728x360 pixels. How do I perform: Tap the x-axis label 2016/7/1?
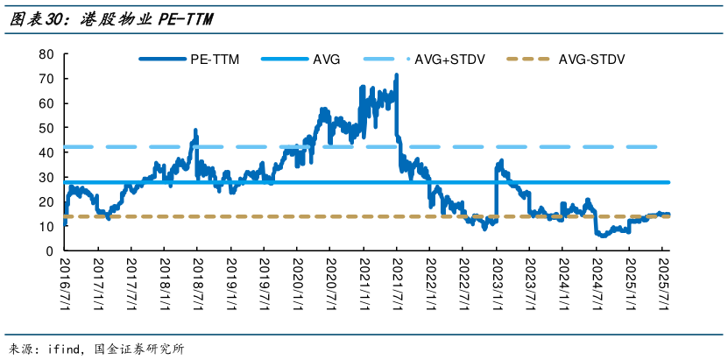tap(65, 281)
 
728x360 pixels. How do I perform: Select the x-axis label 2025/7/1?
tap(663, 281)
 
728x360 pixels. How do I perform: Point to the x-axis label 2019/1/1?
tap(230, 281)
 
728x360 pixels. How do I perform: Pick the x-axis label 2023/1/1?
tap(497, 281)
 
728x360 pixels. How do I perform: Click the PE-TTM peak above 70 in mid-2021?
tap(397, 76)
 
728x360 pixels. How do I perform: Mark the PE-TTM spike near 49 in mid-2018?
tap(195, 131)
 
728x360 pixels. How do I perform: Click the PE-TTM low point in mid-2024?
tap(600, 235)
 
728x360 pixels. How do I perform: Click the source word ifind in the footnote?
tap(63, 349)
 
